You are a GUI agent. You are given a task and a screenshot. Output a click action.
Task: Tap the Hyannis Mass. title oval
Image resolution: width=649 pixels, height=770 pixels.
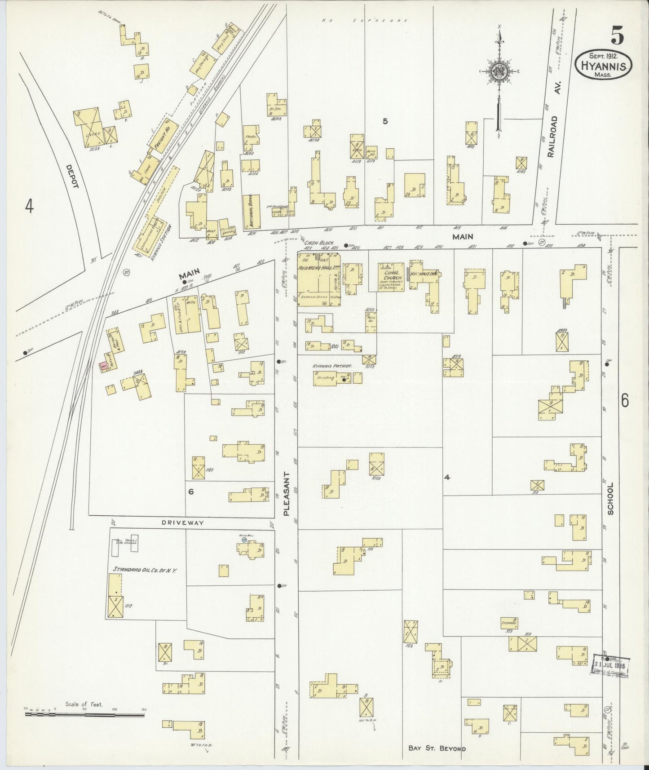pos(604,65)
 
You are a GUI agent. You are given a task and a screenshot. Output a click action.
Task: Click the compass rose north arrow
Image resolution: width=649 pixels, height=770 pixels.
pos(499,72)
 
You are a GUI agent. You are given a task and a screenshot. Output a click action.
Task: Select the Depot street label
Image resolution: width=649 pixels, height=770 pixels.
pos(71,177)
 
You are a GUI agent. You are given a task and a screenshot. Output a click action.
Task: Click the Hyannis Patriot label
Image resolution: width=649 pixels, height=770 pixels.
pos(332,366)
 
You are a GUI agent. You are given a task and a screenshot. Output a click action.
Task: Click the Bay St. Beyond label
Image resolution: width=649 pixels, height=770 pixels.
pos(437,748)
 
